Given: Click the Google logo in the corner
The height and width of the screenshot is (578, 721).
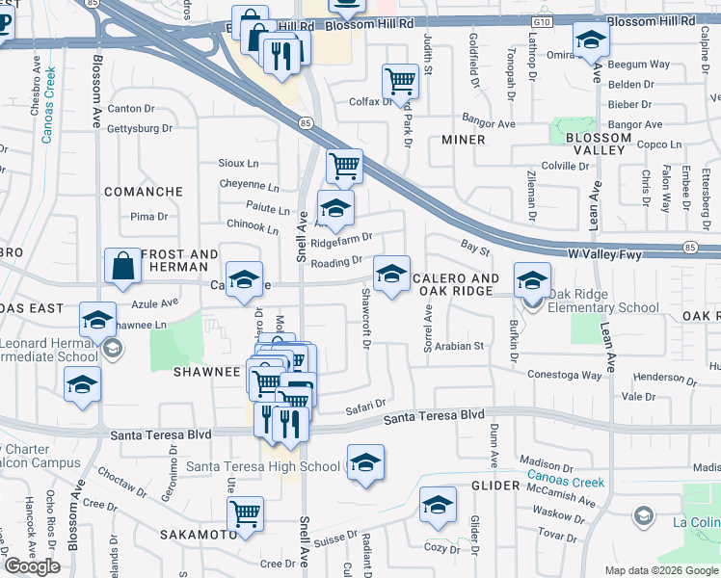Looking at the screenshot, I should [32, 566].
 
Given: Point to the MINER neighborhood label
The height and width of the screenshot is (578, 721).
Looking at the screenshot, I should [463, 140].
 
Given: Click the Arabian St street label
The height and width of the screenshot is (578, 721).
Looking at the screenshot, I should [459, 346].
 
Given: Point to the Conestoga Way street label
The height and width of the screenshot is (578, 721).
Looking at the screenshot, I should [563, 376].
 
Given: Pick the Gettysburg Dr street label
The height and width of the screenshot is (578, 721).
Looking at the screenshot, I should [140, 128].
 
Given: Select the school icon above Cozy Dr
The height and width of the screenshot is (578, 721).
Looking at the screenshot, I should [438, 505].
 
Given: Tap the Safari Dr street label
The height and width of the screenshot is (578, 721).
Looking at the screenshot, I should [366, 404].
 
